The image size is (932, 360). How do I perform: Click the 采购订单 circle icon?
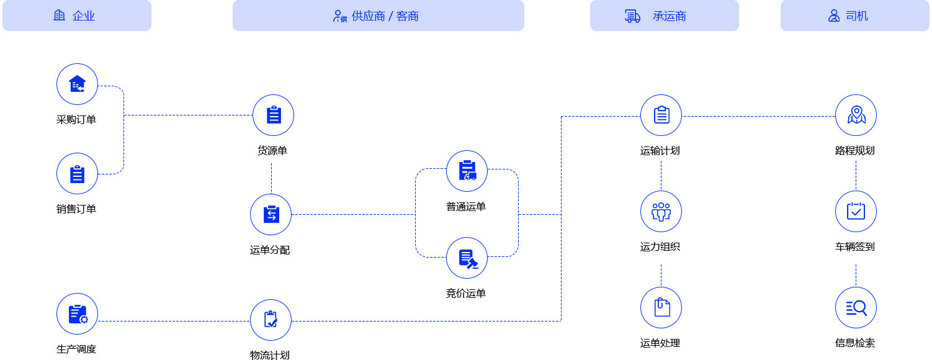pos(77,84)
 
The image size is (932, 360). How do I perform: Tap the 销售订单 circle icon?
pos(77,174)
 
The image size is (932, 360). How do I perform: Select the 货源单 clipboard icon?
pos(273,115)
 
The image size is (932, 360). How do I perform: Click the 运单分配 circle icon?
pos(271,215)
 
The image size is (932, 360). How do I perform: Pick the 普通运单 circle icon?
pos(467,171)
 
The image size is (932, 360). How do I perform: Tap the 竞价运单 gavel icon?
pos(467,258)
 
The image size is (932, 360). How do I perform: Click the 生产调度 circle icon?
pos(77,314)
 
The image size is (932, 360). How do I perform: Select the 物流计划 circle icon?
pos(271,320)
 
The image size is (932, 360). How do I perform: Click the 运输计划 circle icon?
pos(661,115)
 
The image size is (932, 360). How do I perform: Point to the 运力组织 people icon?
pos(661,212)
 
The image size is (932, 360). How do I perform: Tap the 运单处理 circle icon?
pos(661,308)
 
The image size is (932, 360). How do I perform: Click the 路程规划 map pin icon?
pos(856,115)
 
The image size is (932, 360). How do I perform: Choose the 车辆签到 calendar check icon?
pos(856,212)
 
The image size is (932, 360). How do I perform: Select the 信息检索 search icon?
pos(856,308)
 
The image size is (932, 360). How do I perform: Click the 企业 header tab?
pos(77,16)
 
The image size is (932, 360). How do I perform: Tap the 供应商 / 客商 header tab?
pos(378,16)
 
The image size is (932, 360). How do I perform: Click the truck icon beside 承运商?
pos(632,16)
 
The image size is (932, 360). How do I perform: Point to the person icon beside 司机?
pos(834,16)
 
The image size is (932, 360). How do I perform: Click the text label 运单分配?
pos(270,250)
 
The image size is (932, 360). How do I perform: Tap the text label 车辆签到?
pos(855,246)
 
